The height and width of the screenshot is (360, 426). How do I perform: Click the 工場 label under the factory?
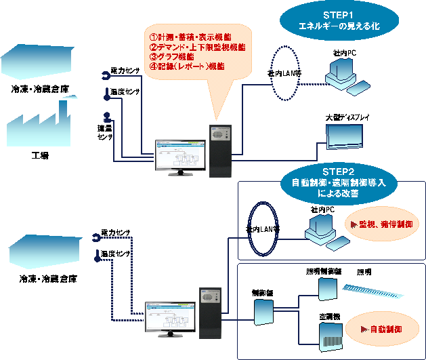point(41,155)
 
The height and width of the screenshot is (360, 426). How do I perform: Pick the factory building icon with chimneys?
point(39,126)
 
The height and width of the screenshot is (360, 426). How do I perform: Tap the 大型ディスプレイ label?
point(347,117)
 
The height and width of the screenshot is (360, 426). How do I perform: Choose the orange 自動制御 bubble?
point(381,329)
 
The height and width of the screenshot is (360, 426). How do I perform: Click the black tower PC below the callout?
point(220,151)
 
